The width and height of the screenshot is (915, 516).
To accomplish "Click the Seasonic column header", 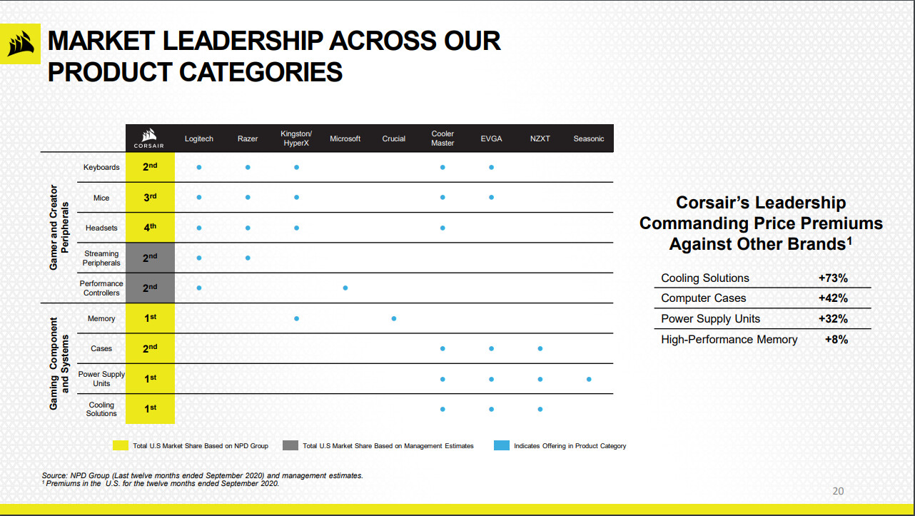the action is [x=588, y=138].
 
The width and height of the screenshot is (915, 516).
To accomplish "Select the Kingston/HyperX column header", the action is [x=296, y=138].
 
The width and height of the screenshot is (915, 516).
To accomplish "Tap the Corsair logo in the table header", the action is [x=149, y=138].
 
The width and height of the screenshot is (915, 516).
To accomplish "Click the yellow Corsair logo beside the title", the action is [x=21, y=44].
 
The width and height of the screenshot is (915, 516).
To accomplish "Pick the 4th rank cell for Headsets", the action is [x=150, y=228].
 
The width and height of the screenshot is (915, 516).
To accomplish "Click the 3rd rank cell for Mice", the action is [x=150, y=197].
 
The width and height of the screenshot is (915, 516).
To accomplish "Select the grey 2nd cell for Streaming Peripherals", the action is [x=150, y=258].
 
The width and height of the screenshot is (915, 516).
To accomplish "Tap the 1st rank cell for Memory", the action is [x=150, y=318].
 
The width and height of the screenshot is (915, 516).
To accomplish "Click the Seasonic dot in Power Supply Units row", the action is [x=589, y=379].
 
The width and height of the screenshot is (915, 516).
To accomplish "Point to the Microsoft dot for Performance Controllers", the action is [x=345, y=288].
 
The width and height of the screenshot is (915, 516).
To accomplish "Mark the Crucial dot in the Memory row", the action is [x=394, y=319].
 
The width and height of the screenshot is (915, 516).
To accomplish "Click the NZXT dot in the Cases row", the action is [x=540, y=348].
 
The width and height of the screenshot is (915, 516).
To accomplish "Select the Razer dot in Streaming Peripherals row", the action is [x=248, y=258].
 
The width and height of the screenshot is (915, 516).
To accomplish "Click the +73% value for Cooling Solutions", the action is [x=833, y=278].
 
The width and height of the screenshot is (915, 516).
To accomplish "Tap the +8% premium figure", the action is [x=836, y=340].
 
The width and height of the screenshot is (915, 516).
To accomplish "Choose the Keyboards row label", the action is [x=101, y=167].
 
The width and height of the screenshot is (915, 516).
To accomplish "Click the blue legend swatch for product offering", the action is [x=502, y=445].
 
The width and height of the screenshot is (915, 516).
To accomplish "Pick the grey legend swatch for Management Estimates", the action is [x=290, y=445].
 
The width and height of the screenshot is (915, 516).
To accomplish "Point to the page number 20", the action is [x=838, y=491].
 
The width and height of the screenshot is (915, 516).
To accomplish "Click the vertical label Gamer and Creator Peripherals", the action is [x=59, y=228].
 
